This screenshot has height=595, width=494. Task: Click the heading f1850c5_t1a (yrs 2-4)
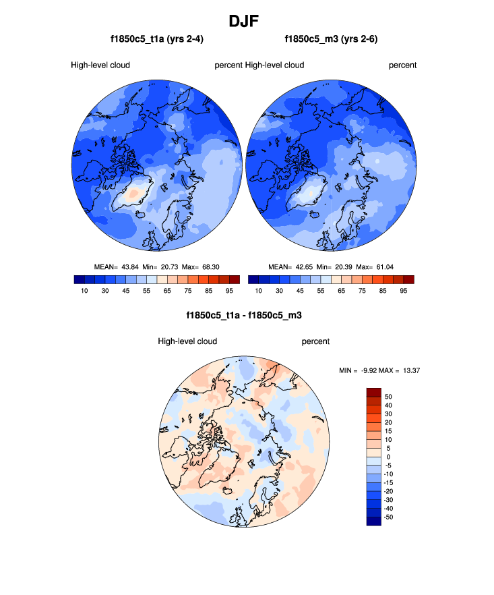click(157, 40)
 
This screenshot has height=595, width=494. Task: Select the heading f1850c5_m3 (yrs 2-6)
click(331, 40)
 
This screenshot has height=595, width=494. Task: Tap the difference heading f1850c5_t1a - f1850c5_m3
click(247, 315)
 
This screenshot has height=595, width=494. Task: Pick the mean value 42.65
click(303, 266)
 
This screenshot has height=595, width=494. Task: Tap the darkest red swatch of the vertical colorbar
click(374, 392)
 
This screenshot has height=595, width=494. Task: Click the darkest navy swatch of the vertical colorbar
click(374, 521)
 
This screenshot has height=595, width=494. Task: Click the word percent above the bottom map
click(315, 341)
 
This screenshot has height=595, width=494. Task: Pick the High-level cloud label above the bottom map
click(187, 341)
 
